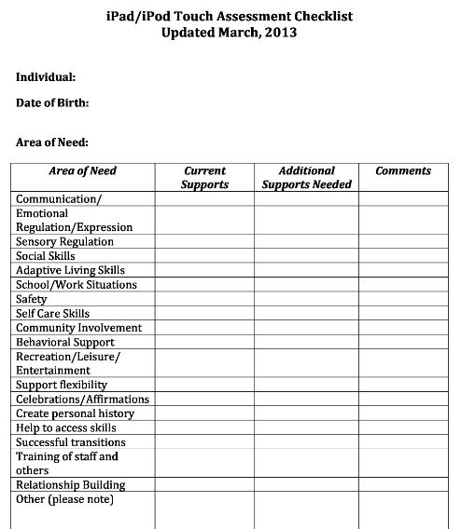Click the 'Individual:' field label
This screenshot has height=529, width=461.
[x=46, y=77]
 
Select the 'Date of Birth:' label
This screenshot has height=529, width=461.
[x=52, y=103]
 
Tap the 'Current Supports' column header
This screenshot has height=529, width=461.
[x=204, y=178]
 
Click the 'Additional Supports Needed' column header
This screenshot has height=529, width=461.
[x=306, y=178]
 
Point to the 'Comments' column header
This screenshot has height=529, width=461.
[x=403, y=171]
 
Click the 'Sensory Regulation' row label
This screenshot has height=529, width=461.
[x=64, y=241]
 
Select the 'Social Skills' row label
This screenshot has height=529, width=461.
[x=46, y=256]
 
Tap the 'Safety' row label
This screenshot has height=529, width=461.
[x=31, y=299]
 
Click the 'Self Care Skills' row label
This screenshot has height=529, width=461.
[x=52, y=314]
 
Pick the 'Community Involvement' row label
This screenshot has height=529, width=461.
[x=78, y=328]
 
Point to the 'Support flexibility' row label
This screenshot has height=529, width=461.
[x=62, y=385]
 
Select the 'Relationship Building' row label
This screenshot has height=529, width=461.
[x=70, y=484]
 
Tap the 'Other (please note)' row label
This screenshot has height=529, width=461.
[x=64, y=499]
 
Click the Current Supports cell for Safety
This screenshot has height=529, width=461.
[x=204, y=299]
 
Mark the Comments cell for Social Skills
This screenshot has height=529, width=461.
[x=403, y=256]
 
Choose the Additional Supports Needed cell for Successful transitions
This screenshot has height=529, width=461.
[x=306, y=442]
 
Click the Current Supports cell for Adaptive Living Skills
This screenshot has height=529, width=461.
[x=204, y=270]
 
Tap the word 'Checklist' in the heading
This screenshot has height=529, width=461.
[x=316, y=16]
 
